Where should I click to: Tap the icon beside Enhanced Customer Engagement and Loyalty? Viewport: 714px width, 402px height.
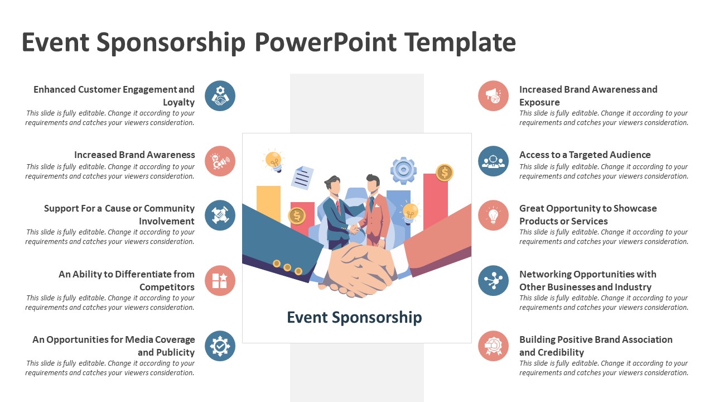pyautogui.click(x=220, y=95)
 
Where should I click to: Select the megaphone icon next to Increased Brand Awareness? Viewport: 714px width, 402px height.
pyautogui.click(x=220, y=161)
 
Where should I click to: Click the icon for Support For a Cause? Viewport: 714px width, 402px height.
pyautogui.click(x=220, y=216)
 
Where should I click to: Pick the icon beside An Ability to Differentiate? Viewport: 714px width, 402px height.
pyautogui.click(x=220, y=281)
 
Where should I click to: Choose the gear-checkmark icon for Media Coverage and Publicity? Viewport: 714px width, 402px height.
pyautogui.click(x=220, y=346)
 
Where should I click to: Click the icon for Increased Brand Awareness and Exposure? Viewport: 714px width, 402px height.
pyautogui.click(x=494, y=95)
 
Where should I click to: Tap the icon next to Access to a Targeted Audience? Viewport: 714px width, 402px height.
pyautogui.click(x=494, y=161)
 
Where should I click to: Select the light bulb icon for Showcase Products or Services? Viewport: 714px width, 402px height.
pyautogui.click(x=494, y=216)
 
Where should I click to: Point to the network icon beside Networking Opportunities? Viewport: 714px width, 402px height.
pyautogui.click(x=494, y=281)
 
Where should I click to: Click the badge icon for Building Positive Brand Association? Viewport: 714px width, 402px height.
pyautogui.click(x=494, y=346)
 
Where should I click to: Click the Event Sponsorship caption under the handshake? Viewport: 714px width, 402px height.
pyautogui.click(x=354, y=318)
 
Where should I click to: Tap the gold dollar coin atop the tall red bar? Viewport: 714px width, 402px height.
pyautogui.click(x=445, y=173)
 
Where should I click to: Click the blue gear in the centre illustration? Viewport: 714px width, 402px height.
pyautogui.click(x=403, y=170)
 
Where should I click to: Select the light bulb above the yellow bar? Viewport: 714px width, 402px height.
pyautogui.click(x=273, y=160)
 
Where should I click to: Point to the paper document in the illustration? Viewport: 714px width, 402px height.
pyautogui.click(x=302, y=178)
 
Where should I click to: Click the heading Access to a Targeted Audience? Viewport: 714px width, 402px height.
pyautogui.click(x=585, y=155)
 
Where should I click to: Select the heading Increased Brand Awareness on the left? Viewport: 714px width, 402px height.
pyautogui.click(x=134, y=155)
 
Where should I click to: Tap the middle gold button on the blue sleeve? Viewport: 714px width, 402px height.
pyautogui.click(x=287, y=267)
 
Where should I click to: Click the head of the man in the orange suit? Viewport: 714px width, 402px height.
pyautogui.click(x=373, y=184)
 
